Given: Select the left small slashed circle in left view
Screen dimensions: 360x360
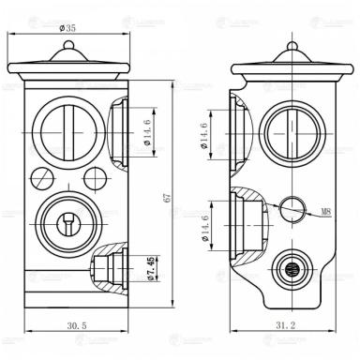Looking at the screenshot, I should [x=39, y=176].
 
